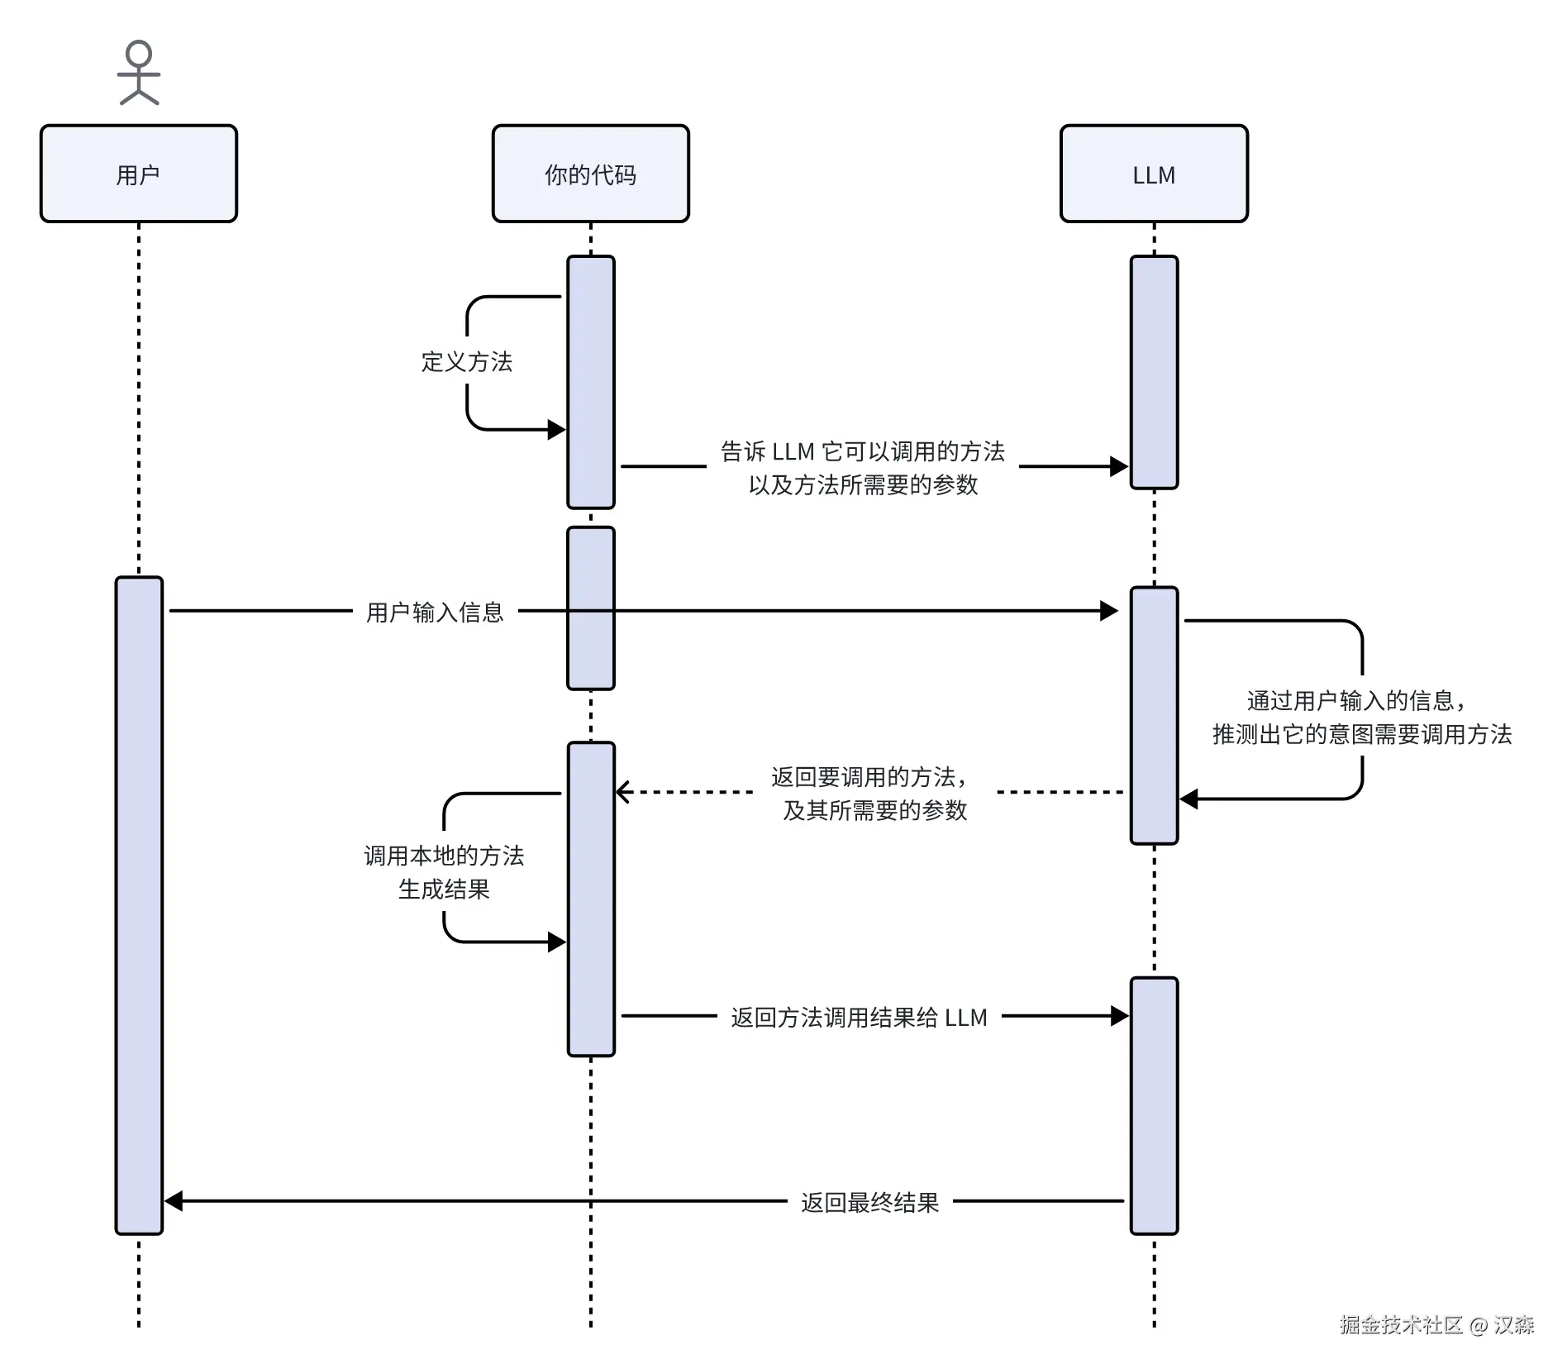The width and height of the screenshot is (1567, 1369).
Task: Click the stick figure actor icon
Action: point(139,73)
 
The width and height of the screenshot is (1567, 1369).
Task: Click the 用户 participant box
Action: point(139,174)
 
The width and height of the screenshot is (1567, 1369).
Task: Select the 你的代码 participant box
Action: point(590,174)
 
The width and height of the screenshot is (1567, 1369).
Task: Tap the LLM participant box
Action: point(1154,174)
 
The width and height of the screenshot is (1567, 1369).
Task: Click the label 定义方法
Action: point(467,362)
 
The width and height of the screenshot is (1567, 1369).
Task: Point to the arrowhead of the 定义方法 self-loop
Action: point(557,430)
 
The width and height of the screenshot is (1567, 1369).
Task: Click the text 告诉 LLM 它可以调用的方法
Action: point(863,451)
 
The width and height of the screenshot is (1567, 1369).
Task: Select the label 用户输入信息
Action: point(435,613)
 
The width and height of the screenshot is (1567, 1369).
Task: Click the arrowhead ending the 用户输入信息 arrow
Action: point(1109,611)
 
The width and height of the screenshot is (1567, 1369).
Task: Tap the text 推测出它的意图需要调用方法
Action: point(1361,734)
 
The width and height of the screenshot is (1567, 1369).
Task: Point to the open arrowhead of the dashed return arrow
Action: point(623,792)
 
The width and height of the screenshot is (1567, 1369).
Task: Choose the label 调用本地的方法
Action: point(444,856)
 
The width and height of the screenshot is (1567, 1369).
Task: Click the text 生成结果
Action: point(444,890)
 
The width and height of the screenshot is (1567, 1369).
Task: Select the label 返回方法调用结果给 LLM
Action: point(859,1018)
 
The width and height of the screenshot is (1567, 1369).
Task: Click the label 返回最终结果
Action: point(869,1203)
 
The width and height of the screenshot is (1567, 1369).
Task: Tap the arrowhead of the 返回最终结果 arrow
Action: point(174,1201)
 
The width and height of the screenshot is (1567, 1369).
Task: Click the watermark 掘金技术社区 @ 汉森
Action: point(1436,1325)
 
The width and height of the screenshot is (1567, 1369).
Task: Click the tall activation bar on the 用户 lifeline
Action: point(139,905)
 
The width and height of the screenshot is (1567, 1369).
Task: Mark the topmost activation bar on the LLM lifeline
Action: point(1154,372)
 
